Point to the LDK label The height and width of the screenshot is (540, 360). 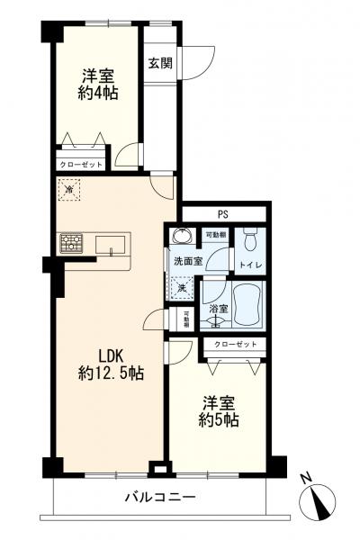pyautogui.click(x=101, y=355)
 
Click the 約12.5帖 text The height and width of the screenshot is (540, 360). pyautogui.click(x=109, y=373)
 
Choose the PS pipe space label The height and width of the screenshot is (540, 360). pyautogui.click(x=221, y=213)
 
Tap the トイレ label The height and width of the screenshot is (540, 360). pyautogui.click(x=248, y=265)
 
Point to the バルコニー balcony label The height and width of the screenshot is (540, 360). pyautogui.click(x=160, y=498)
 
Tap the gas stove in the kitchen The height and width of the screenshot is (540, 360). pyautogui.click(x=72, y=243)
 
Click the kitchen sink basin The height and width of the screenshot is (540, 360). pyautogui.click(x=111, y=244)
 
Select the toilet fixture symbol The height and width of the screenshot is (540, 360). pyautogui.click(x=251, y=239)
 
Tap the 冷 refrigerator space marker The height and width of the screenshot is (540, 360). pyautogui.click(x=69, y=190)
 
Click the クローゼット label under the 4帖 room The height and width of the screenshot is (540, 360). pyautogui.click(x=82, y=165)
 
